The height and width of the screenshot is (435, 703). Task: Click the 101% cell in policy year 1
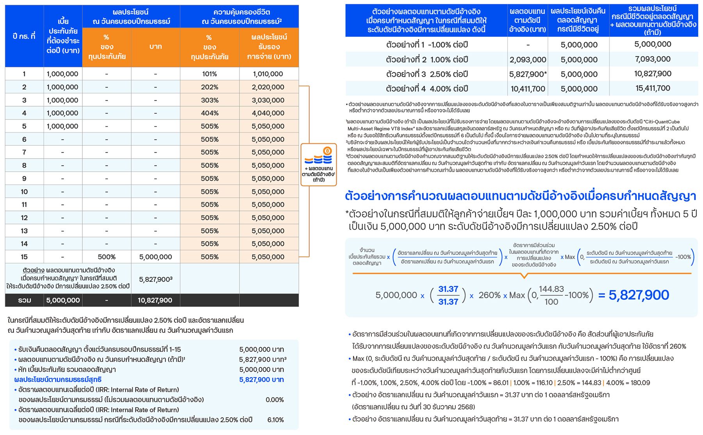point(209,74)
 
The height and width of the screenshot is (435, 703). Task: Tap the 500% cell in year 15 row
point(107,257)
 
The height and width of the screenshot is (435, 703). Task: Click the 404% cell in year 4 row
point(209,113)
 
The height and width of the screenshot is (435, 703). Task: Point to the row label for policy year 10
point(24,192)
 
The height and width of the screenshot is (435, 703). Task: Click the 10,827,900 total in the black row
point(155,300)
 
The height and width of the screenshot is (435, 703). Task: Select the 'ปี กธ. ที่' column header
point(24,36)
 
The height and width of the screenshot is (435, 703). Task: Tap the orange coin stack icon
point(319,156)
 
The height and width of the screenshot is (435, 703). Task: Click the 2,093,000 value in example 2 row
point(528,60)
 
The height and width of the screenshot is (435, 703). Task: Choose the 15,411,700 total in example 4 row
point(653,89)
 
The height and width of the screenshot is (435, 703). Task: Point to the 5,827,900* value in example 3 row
point(528,74)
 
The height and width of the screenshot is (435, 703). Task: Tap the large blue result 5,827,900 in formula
point(639,295)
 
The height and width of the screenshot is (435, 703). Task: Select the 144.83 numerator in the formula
point(551,289)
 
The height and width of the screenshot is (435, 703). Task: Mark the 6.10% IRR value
point(275,420)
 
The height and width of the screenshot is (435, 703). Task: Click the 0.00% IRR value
point(275,400)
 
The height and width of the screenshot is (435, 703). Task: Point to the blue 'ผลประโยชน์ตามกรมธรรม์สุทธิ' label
point(58,380)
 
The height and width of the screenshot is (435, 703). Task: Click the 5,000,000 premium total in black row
point(63,300)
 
